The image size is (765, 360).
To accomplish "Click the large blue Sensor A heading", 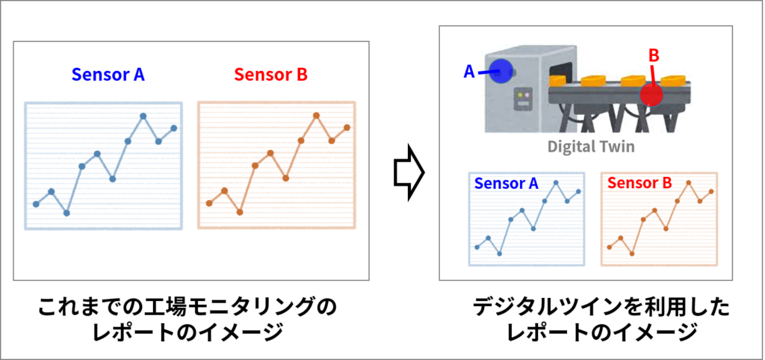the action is (x=108, y=74).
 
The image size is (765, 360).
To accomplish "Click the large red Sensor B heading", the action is (x=270, y=74).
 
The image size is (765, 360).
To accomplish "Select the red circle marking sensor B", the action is (x=651, y=95).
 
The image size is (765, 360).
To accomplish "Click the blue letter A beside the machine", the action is (x=469, y=72).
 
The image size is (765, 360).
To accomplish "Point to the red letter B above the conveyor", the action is (x=654, y=55).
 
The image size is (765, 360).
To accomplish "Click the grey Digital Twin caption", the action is (x=591, y=146).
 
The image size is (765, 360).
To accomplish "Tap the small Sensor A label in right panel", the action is (x=506, y=183).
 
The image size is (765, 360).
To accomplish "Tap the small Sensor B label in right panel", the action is (x=639, y=183).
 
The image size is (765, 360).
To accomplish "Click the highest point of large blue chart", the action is (x=143, y=116).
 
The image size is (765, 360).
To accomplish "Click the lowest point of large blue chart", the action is (x=66, y=213).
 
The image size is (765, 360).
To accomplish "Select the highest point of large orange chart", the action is (x=316, y=116).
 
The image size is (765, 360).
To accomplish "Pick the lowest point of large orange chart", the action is (x=240, y=212).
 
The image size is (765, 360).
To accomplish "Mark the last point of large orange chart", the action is (x=347, y=127).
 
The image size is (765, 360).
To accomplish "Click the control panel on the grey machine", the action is (x=522, y=100).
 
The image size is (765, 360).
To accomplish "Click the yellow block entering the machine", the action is (x=557, y=79).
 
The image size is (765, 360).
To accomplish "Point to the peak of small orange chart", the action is (x=689, y=183).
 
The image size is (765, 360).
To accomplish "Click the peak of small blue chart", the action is (x=556, y=183).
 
